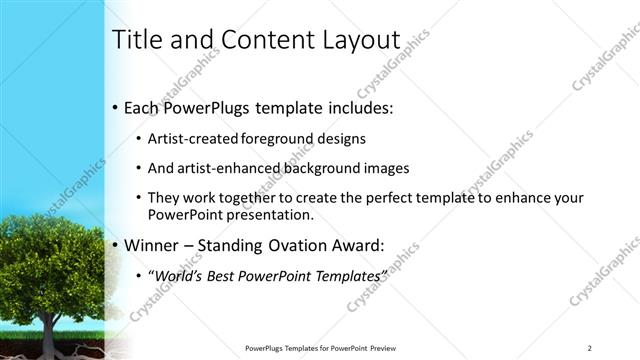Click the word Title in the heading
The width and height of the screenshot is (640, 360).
tap(135, 40)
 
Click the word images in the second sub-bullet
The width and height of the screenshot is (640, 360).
tap(387, 168)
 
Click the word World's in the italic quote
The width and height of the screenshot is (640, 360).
tap(186, 274)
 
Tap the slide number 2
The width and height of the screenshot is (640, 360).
tap(589, 348)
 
